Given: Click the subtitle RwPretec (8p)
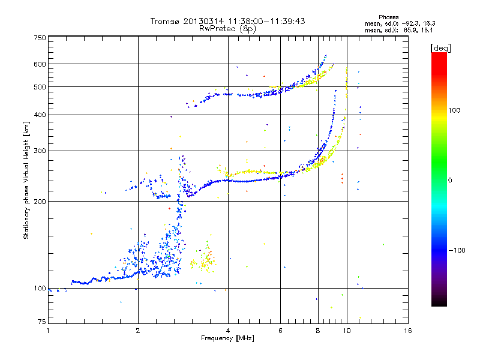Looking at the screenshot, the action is (x=227, y=29).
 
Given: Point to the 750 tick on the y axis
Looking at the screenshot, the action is (x=40, y=38).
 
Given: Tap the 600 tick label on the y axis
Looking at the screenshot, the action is (x=40, y=64).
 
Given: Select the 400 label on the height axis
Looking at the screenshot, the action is (x=40, y=115).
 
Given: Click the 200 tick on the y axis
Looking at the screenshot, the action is (x=40, y=202).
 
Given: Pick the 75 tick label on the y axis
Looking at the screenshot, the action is (x=42, y=322).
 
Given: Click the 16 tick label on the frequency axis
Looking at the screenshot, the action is (x=408, y=331).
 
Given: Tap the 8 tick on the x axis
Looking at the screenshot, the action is (x=318, y=331).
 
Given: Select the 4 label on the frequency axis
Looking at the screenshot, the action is (x=228, y=331).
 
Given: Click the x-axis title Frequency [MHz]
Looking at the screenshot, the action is (x=227, y=338).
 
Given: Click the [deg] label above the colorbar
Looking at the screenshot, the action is (x=440, y=48).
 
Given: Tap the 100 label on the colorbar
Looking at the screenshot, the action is (x=454, y=110).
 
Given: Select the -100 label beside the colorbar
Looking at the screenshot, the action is (x=457, y=250).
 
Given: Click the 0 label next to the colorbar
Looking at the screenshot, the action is (x=450, y=181).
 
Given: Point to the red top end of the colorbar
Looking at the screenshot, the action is (x=439, y=53).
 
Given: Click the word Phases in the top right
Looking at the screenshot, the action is (x=388, y=17).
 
